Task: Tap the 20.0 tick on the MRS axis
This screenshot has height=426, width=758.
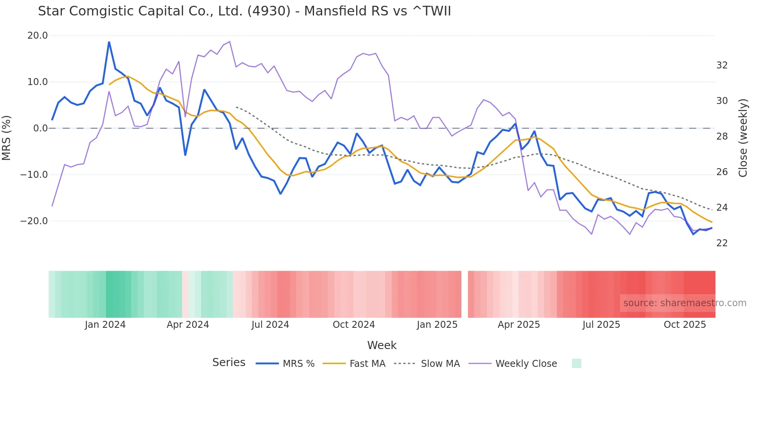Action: [38, 36]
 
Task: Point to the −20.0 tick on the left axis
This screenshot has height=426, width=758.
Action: [34, 221]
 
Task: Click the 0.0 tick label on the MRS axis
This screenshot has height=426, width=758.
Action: [41, 128]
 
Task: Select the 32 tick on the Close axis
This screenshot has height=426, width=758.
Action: [722, 65]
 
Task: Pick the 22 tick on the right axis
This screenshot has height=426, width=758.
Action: [722, 243]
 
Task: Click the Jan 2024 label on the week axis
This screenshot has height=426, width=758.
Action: [105, 325]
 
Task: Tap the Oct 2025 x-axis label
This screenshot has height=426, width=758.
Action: [685, 325]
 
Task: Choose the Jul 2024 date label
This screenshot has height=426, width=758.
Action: [270, 325]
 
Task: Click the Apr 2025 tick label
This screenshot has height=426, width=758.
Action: [519, 325]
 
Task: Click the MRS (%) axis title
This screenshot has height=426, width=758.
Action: [7, 138]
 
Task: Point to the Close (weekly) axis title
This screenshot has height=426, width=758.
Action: [743, 138]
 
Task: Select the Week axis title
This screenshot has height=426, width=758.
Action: [382, 345]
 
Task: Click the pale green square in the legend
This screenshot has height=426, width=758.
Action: [576, 363]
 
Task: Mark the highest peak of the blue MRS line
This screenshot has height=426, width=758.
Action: [109, 42]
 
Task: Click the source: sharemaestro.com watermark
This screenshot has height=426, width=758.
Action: [685, 303]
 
